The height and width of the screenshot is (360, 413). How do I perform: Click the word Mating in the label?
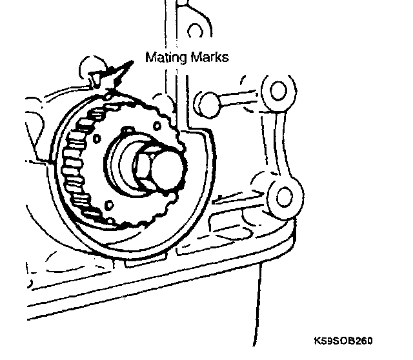[x=166, y=57]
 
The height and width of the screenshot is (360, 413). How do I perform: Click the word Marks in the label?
[x=210, y=57]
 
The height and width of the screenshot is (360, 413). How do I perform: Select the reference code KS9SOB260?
[x=344, y=340]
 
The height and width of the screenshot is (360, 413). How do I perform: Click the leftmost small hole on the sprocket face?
[x=96, y=137]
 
